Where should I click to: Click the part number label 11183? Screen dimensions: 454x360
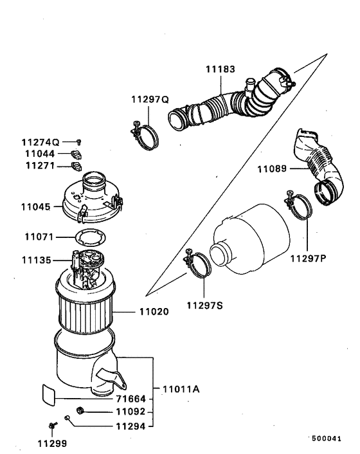(220, 68)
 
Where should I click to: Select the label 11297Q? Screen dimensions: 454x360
(149, 99)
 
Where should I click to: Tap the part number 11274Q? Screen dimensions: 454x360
(40, 141)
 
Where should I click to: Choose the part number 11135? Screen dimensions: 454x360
(35, 260)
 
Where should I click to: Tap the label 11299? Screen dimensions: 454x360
(51, 443)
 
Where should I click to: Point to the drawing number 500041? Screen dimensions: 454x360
(327, 438)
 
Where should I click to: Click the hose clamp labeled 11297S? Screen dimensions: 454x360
(201, 265)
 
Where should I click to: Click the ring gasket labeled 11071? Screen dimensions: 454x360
(87, 237)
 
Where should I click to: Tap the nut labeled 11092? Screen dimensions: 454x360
(80, 411)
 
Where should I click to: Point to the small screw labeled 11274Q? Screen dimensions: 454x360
(78, 141)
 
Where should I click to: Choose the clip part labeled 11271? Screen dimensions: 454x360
(75, 167)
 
